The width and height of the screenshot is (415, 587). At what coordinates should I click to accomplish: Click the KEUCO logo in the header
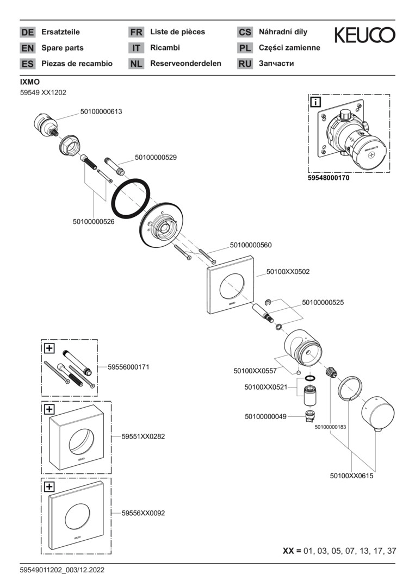(x=364, y=35)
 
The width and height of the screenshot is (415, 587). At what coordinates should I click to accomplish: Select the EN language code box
(x=27, y=48)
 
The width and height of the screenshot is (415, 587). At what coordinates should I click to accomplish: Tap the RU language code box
(x=245, y=64)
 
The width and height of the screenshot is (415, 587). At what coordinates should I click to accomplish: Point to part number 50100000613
(x=101, y=112)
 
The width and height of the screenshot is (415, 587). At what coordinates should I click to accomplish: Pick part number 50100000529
(x=156, y=157)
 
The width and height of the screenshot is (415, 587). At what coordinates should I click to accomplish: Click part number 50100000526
(x=94, y=221)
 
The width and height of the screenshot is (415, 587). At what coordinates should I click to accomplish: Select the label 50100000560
(x=251, y=245)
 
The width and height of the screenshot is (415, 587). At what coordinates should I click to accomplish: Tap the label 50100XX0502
(x=288, y=271)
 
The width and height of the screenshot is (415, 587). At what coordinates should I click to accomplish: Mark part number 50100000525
(x=323, y=302)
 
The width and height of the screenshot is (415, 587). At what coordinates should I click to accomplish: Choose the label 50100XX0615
(x=351, y=476)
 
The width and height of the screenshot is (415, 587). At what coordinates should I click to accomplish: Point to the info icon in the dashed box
(x=316, y=102)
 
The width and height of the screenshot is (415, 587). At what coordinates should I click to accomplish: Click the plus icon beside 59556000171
(x=49, y=347)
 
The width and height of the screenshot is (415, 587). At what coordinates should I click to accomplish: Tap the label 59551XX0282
(x=143, y=436)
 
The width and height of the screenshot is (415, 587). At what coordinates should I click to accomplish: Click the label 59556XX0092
(x=143, y=513)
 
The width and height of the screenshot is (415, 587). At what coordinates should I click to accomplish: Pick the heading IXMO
(x=30, y=82)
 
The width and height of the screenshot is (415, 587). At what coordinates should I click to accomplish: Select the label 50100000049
(x=265, y=417)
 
